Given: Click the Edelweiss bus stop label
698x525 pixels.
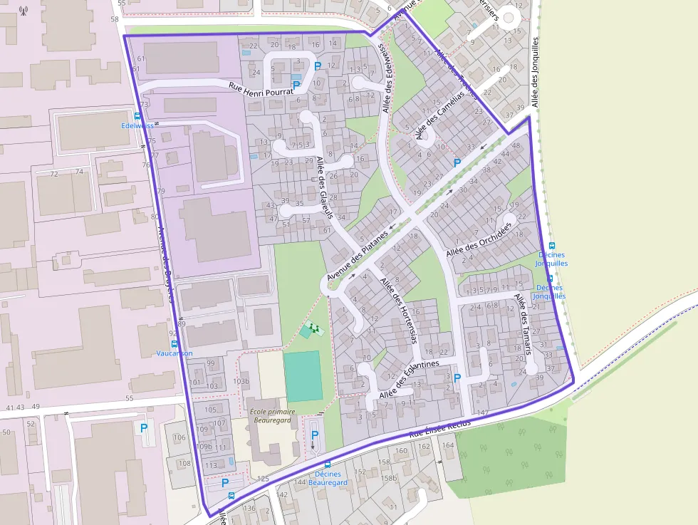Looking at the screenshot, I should pyautogui.click(x=137, y=125).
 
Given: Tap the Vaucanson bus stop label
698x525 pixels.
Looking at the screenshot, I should pyautogui.click(x=174, y=353).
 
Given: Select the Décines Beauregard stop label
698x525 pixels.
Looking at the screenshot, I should pyautogui.click(x=328, y=478).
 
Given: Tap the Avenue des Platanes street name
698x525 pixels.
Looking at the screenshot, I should pyautogui.click(x=358, y=254).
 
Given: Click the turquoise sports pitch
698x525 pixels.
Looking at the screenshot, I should pyautogui.click(x=303, y=375).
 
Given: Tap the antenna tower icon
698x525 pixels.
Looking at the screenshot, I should pyautogui.click(x=24, y=11).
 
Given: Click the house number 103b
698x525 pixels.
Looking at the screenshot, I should pyautogui.click(x=241, y=381).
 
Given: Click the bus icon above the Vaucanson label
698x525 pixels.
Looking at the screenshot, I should pyautogui.click(x=174, y=343).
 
